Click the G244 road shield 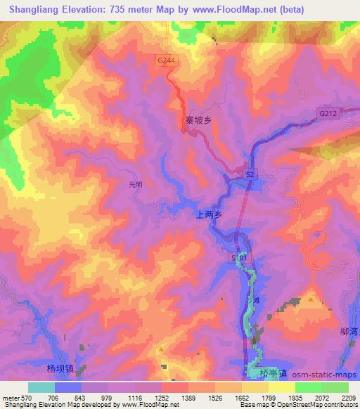tap(166, 61)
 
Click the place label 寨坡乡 tap(198, 120)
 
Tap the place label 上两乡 tap(207, 218)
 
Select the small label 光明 tap(136, 185)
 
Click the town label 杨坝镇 tap(60, 368)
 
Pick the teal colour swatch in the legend tap(41, 387)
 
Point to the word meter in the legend tap(10, 397)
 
